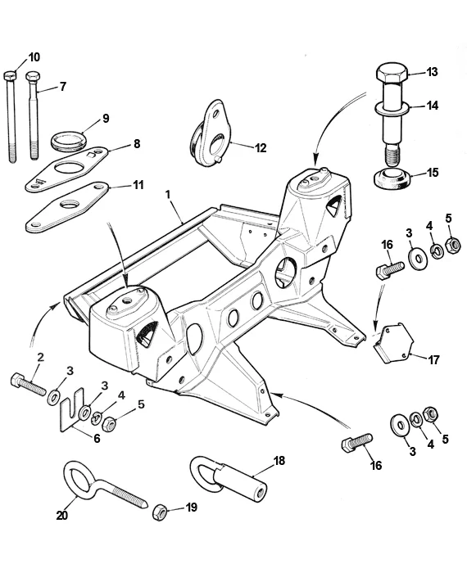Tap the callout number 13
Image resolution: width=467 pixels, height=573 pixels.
433,72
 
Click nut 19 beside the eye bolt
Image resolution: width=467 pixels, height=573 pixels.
161,511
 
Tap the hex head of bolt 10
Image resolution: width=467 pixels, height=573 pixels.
11,75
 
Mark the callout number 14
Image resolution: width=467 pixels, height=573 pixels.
433,105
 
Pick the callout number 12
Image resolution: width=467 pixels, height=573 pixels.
261,148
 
